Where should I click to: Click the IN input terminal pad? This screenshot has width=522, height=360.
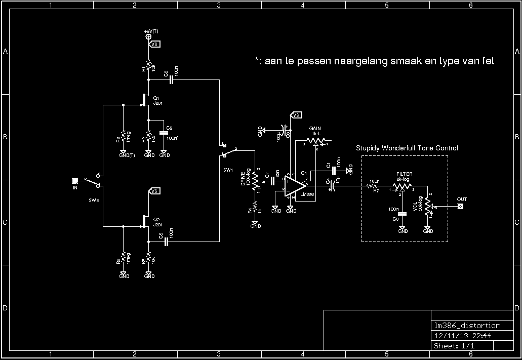[x=75, y=180]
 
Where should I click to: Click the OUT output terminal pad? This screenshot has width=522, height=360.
[x=461, y=206]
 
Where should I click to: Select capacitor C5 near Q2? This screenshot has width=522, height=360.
[x=166, y=242]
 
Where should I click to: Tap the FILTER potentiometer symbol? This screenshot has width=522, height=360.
[x=401, y=186]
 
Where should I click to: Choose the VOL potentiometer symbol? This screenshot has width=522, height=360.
[x=428, y=207]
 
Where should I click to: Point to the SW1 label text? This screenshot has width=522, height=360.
[x=227, y=171]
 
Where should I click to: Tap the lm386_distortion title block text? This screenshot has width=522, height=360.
[x=467, y=326]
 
